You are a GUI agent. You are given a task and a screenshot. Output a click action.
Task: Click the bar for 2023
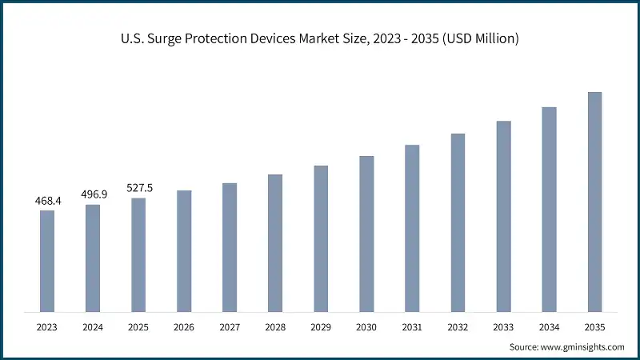tap(47, 261)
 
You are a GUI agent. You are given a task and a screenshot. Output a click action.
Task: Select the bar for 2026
tap(184, 250)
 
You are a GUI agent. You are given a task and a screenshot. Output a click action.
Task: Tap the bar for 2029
tap(321, 238)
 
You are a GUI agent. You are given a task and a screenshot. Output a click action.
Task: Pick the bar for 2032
tap(458, 222)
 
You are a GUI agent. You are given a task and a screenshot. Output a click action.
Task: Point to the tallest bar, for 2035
tap(594, 202)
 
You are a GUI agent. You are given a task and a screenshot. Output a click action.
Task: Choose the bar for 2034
tap(549, 209)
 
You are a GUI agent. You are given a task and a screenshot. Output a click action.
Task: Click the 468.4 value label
tap(47, 200)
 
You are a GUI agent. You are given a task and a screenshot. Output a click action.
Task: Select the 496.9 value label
tap(93, 194)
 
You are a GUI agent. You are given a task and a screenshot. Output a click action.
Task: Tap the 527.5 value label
tap(138, 188)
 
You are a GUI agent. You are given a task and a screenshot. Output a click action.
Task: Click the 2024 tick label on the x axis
tap(93, 327)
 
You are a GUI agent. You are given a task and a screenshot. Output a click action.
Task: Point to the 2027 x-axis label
tap(230, 327)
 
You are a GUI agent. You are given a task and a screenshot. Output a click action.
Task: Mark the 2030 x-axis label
tap(366, 327)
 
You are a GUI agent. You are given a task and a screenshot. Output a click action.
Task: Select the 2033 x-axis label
tap(503, 327)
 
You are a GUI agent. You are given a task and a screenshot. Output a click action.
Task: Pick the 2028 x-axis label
tap(275, 327)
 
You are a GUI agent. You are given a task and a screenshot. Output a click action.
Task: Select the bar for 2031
tap(412, 228)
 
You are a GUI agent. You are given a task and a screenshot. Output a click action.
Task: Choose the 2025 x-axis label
tap(138, 327)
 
